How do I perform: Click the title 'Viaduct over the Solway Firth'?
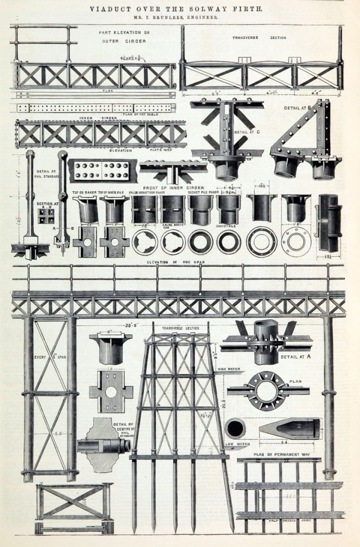(x=180, y=9)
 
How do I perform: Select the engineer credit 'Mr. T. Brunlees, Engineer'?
(x=180, y=19)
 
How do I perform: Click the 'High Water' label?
(x=228, y=369)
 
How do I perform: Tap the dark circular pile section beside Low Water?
(x=235, y=428)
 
